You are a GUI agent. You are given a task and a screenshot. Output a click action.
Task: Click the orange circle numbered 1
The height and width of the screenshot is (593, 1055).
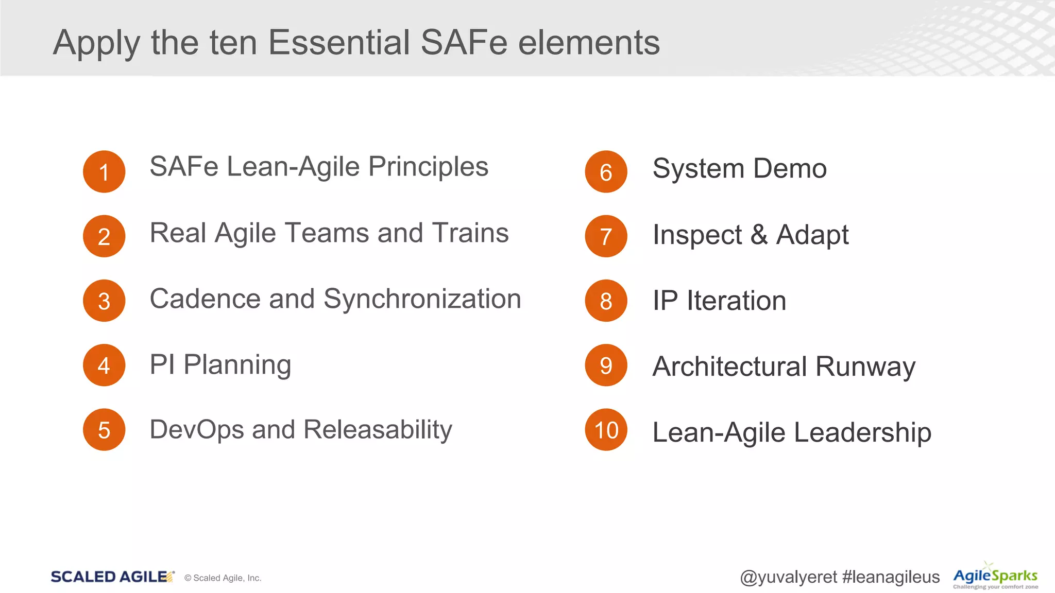[x=104, y=172]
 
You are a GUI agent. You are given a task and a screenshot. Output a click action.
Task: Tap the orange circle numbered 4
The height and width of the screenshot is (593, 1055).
[x=104, y=365]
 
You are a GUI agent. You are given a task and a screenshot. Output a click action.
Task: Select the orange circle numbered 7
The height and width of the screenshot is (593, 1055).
[x=606, y=236]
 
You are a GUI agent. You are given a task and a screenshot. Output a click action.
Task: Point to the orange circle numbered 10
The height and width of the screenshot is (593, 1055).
[x=606, y=430]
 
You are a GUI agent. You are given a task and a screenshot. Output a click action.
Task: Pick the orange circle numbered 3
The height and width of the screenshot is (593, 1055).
[x=104, y=301]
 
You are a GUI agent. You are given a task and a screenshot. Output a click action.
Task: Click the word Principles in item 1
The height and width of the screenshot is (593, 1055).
[x=428, y=167]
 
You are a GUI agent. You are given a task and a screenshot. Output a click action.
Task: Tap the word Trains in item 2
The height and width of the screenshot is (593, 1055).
[x=470, y=233]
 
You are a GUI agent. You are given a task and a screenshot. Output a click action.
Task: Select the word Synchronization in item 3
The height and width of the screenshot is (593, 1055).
[x=422, y=299]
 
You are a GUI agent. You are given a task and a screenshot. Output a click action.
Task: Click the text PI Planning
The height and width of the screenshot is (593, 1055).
[x=220, y=365]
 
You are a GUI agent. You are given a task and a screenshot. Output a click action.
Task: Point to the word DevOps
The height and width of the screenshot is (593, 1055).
[x=196, y=429]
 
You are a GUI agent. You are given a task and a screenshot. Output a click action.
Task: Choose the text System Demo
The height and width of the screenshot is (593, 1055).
[x=739, y=169]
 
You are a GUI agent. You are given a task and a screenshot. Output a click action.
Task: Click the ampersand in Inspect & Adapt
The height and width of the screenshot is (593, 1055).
[x=759, y=235]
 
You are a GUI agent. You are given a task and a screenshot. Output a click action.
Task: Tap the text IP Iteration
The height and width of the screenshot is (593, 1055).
[x=719, y=301]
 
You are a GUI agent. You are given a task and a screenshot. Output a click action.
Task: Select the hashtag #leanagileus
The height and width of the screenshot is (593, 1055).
[x=891, y=577]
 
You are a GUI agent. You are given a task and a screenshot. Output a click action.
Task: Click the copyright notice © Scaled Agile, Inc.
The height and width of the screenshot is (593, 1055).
[x=223, y=578]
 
